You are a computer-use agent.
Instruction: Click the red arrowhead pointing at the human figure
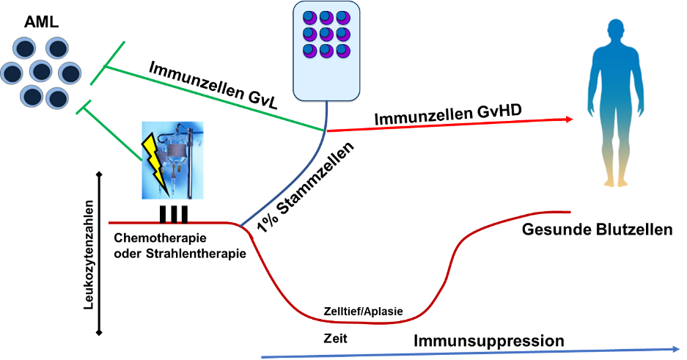[x=569, y=119]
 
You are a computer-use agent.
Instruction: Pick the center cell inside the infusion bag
[x=326, y=34]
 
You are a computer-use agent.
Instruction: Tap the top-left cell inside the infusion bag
[x=309, y=18]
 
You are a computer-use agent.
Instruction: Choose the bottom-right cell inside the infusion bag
[x=342, y=51]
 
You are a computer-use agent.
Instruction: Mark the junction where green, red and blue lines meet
[x=325, y=131]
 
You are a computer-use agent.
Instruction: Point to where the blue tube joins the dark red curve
[x=241, y=225]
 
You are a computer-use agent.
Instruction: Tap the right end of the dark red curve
[x=568, y=212]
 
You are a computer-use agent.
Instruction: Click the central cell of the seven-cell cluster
[x=40, y=72]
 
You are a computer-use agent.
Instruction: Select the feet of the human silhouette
[x=616, y=183]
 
